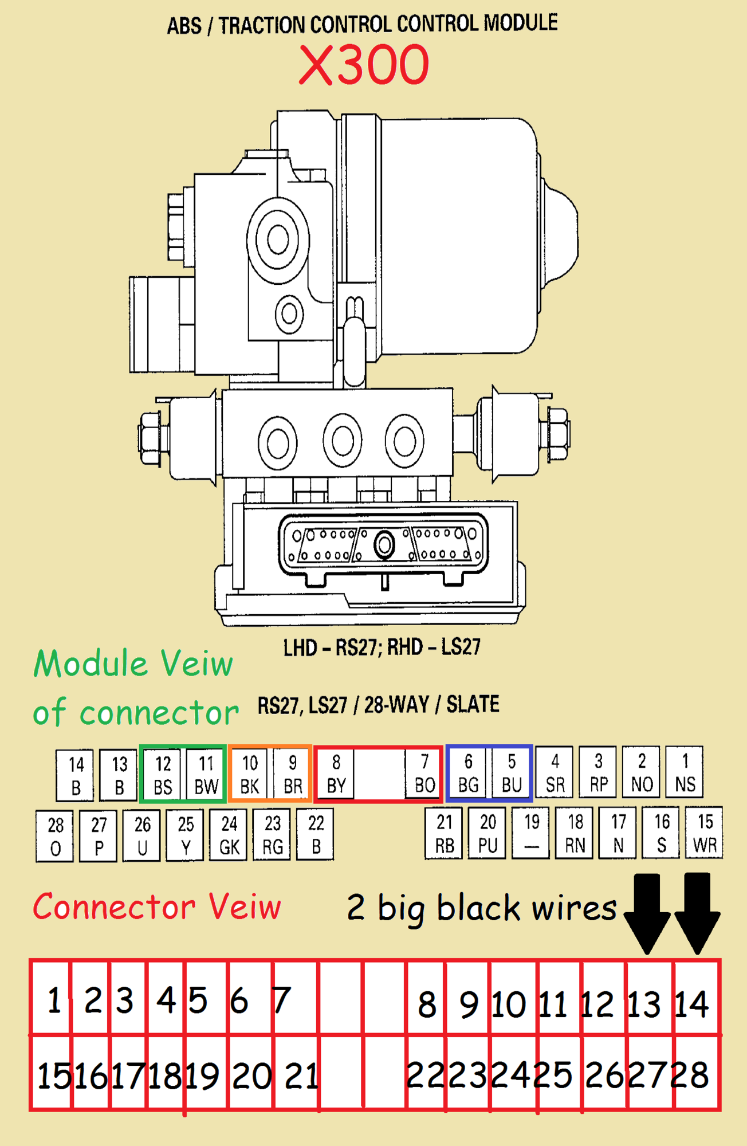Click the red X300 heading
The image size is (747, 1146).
point(364,65)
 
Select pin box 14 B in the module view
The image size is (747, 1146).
point(75,776)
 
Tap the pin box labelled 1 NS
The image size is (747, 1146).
point(685,772)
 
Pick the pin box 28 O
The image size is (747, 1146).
point(55,836)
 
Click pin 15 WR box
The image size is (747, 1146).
point(705,833)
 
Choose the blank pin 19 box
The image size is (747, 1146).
point(532,833)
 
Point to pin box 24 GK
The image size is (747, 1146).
point(229,835)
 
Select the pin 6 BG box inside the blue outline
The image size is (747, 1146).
point(468,773)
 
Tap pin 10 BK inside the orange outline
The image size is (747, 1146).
point(250,774)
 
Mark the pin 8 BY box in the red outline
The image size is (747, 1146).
point(336,774)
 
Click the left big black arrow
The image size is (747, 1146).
point(647,912)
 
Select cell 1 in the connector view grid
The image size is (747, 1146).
point(53,1000)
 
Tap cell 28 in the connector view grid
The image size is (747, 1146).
point(692,1074)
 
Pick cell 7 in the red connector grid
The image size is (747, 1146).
point(282,1000)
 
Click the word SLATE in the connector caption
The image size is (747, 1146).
point(473,704)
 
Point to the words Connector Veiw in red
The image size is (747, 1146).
point(157,906)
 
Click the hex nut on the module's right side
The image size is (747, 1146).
point(557,434)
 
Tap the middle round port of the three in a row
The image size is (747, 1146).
point(342,441)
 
